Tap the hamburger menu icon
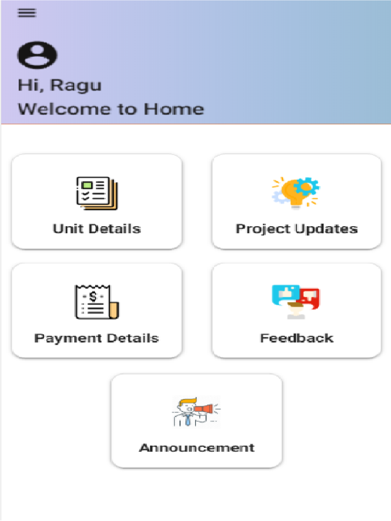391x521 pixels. (27, 13)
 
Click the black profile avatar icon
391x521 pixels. (37, 55)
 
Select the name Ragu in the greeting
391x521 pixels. (76, 86)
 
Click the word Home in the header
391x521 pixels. (174, 109)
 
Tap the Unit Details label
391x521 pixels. (97, 229)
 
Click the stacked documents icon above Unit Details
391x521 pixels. (97, 193)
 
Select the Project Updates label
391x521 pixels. (297, 229)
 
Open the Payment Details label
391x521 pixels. (97, 338)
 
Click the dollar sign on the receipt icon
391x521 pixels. (93, 296)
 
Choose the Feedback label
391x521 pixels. (297, 338)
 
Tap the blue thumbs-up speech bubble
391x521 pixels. (286, 294)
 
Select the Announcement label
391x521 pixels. (197, 448)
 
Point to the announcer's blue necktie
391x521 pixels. (188, 419)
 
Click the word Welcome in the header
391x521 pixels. (65, 109)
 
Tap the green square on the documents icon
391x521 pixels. (87, 185)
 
